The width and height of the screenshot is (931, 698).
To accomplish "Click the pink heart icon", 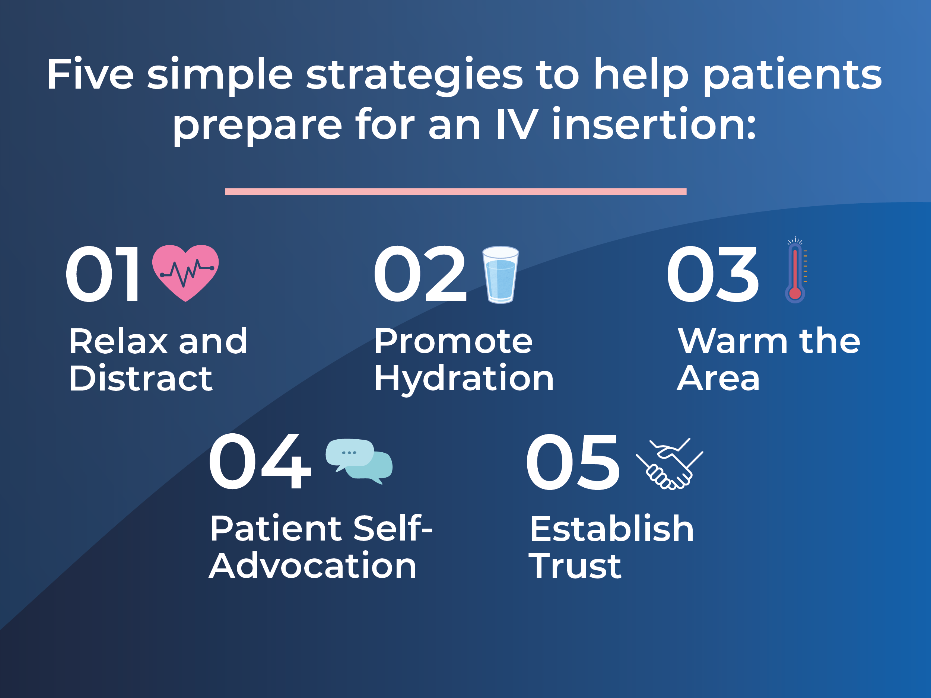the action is click(185, 273).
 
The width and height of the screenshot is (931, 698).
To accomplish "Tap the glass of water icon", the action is click(500, 274).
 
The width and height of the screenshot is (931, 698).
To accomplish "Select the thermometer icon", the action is click(795, 270).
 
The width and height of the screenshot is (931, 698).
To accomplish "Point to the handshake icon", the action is click(669, 463).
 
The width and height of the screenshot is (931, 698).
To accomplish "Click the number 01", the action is click(102, 274).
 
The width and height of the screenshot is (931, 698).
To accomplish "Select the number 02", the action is click(420, 274).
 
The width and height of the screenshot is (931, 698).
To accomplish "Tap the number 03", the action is click(712, 274).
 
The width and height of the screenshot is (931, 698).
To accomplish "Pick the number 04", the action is click(260, 462).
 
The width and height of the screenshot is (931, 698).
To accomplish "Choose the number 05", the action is click(573, 462).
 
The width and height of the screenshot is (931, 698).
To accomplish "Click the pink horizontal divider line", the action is click(456, 191).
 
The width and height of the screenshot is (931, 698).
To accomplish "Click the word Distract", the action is click(140, 378).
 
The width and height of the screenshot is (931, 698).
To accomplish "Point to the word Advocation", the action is click(313, 565).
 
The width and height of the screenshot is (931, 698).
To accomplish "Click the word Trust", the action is click(575, 566).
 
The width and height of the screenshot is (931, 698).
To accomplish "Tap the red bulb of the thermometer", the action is click(795, 294).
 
